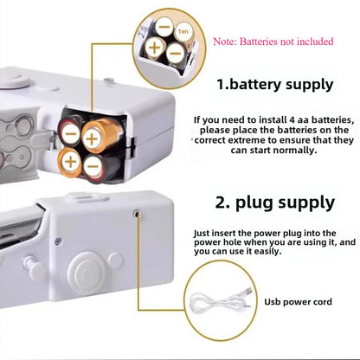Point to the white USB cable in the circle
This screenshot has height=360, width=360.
[x=216, y=304]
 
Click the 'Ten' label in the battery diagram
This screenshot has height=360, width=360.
[x=182, y=31]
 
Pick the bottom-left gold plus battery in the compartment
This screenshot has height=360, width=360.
[x=71, y=159]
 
